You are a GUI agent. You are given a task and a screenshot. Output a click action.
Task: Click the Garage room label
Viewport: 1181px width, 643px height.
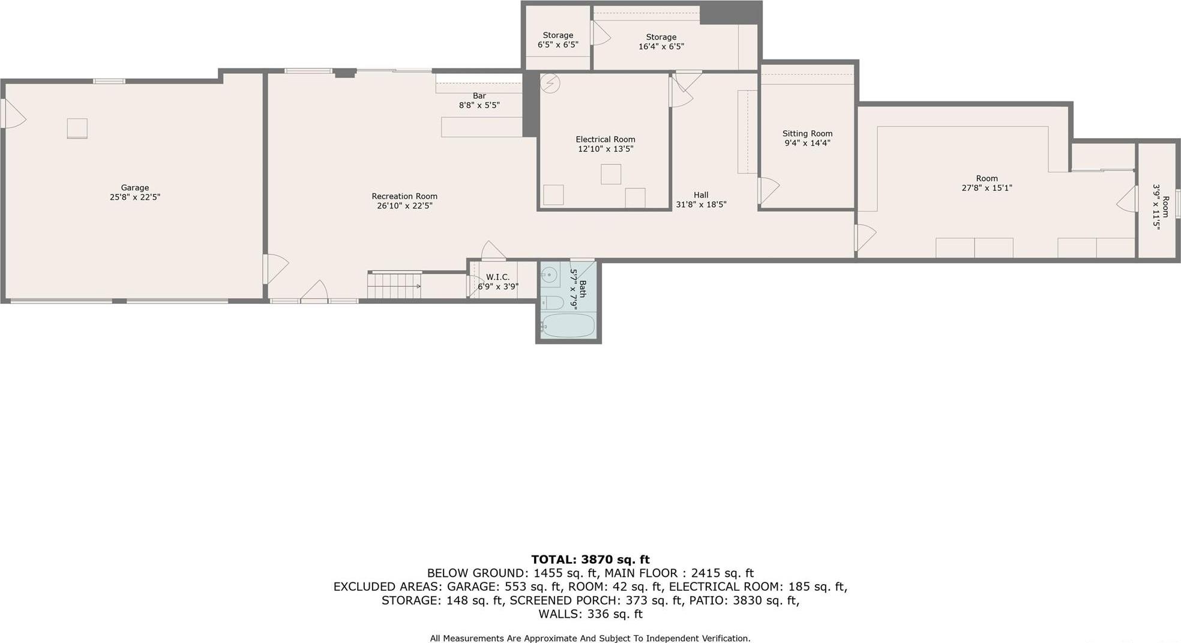click(134, 188)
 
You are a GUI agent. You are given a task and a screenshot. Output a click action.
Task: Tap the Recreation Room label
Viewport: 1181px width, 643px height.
click(404, 196)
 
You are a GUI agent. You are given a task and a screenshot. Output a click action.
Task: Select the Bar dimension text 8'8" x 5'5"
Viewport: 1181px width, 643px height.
click(479, 105)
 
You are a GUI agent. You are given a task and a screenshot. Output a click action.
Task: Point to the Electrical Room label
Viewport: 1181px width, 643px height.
click(605, 139)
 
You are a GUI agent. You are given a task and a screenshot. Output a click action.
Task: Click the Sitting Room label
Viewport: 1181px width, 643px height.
click(807, 134)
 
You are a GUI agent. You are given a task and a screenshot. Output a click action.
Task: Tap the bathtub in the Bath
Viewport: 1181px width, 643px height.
click(568, 326)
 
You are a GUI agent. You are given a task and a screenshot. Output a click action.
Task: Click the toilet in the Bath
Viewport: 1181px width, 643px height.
click(552, 302)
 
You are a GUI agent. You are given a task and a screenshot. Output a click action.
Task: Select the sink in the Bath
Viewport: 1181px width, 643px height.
click(549, 276)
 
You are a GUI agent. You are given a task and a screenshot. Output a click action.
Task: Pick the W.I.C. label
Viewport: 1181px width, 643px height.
click(497, 277)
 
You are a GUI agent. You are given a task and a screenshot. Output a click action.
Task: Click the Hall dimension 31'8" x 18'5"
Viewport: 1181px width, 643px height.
click(701, 204)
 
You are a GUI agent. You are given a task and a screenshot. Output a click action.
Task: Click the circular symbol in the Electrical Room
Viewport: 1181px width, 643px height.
click(550, 83)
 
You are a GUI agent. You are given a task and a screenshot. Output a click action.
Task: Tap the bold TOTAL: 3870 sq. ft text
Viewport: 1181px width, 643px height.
click(590, 560)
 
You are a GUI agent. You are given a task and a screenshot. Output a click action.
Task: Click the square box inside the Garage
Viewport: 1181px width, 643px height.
click(77, 128)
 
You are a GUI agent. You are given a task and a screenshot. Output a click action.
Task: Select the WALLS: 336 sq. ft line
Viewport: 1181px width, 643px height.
click(590, 614)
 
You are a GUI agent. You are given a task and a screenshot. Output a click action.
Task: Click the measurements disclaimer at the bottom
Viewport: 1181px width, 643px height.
click(590, 638)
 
